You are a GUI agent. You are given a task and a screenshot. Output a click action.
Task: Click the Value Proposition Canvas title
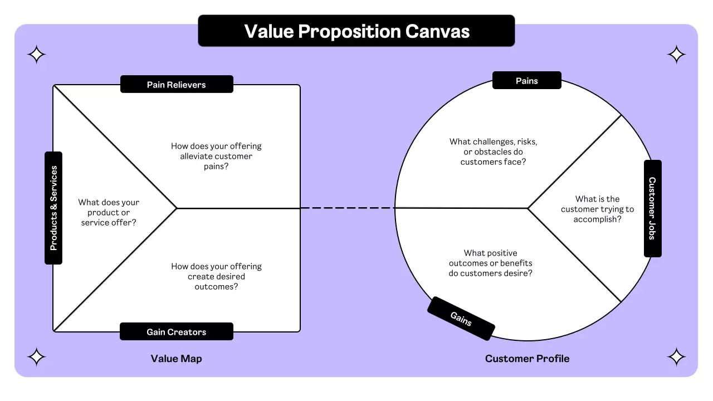[x=356, y=31]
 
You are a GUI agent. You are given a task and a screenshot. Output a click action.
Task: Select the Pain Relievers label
[x=177, y=85]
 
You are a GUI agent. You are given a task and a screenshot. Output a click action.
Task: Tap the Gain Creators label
[x=177, y=332]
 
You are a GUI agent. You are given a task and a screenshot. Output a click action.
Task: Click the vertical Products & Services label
[x=53, y=208]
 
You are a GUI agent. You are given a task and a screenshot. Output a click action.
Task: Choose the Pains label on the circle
[x=526, y=81]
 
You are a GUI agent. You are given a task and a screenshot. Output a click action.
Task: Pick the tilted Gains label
[x=461, y=319]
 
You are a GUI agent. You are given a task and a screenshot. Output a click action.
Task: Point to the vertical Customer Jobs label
[x=652, y=208]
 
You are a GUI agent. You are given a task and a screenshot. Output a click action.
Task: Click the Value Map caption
[x=176, y=359]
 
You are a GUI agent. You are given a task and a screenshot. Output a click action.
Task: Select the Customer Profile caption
[x=527, y=359]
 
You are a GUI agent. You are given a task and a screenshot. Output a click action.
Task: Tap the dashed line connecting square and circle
[x=348, y=208]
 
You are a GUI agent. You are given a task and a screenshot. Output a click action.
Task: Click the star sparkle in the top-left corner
[x=37, y=55]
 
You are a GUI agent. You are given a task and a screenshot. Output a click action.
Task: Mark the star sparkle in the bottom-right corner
[x=676, y=356]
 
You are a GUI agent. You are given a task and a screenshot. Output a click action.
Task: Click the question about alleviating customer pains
[x=216, y=156]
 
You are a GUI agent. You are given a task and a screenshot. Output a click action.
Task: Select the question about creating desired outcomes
[x=216, y=276]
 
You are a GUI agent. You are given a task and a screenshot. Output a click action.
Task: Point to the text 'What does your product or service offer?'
[x=109, y=212]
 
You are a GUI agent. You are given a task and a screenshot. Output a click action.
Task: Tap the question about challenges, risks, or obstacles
[x=494, y=151]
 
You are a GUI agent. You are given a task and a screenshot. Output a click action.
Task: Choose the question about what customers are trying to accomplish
[x=597, y=209]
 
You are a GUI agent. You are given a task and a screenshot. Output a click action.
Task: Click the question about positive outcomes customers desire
[x=490, y=263]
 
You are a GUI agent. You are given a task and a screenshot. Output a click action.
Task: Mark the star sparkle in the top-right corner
[x=676, y=55]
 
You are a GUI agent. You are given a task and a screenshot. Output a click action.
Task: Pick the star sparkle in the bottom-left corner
[x=37, y=356]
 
